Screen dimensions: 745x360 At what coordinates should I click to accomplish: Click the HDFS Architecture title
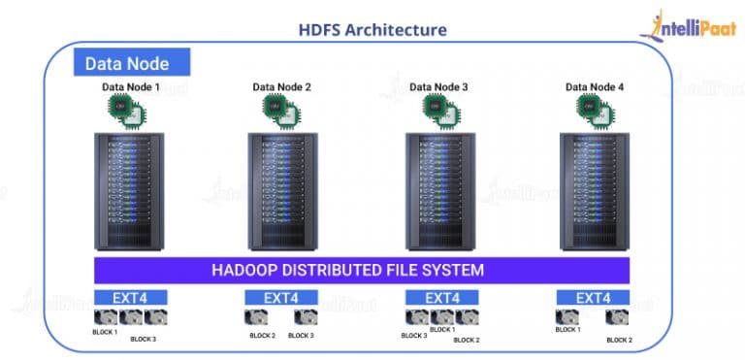[372, 29]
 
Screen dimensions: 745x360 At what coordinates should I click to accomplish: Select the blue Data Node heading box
[131, 63]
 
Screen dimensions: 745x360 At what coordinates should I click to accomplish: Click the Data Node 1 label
[131, 87]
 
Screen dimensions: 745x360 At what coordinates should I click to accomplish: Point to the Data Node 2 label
[281, 87]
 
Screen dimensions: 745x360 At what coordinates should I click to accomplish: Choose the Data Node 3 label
[438, 87]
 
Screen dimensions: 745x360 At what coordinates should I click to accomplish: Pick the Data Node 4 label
[595, 87]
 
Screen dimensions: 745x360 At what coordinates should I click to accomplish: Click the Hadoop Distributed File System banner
[362, 269]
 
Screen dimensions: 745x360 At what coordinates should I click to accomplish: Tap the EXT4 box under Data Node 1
[131, 297]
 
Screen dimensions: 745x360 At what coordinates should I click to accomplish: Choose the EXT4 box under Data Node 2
[281, 297]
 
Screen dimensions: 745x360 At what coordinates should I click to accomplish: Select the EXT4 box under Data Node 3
[441, 297]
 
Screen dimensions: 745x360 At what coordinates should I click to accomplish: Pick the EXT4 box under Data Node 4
[595, 297]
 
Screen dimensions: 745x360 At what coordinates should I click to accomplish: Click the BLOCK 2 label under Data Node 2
[263, 336]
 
